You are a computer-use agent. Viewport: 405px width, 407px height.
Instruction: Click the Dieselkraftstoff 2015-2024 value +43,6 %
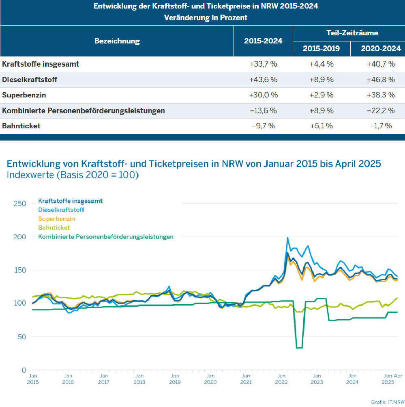(263, 80)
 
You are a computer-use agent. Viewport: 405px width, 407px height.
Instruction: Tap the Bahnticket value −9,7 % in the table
(263, 126)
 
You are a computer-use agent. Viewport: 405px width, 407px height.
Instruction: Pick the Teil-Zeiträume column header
(349, 33)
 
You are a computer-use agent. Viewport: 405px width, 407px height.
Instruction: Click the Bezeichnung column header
(117, 41)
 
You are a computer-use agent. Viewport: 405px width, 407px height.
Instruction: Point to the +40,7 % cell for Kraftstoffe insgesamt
(379, 64)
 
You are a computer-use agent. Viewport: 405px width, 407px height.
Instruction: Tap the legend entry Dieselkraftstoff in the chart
(61, 210)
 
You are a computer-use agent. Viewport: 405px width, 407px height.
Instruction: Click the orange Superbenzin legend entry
(57, 219)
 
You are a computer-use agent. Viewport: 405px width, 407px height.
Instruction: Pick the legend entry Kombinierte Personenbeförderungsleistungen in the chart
(105, 237)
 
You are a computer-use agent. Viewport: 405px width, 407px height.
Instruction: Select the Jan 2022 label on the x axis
(281, 379)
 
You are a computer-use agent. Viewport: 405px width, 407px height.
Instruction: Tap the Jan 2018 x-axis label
(139, 379)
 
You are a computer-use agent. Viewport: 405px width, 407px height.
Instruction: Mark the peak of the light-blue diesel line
(287, 238)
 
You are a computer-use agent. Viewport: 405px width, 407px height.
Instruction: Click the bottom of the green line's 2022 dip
(299, 348)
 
